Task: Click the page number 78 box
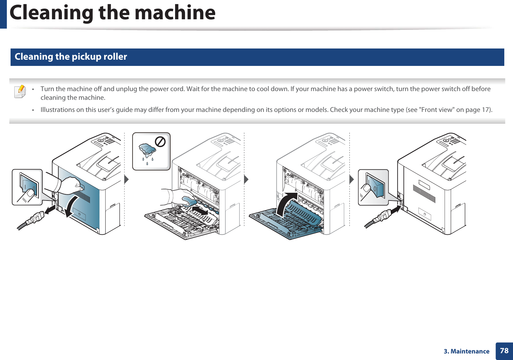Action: click(x=504, y=351)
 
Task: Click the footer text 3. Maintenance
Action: click(x=466, y=351)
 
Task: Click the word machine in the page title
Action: click(x=175, y=13)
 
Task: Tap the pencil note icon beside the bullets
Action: click(x=20, y=92)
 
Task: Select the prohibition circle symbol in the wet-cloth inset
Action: click(x=160, y=142)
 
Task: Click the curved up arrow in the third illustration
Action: click(x=284, y=204)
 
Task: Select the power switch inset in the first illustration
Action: click(x=27, y=187)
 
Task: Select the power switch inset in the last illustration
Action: click(x=373, y=187)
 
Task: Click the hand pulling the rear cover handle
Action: click(x=70, y=186)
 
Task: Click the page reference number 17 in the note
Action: click(x=485, y=110)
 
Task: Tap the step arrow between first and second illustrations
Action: click(x=126, y=179)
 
